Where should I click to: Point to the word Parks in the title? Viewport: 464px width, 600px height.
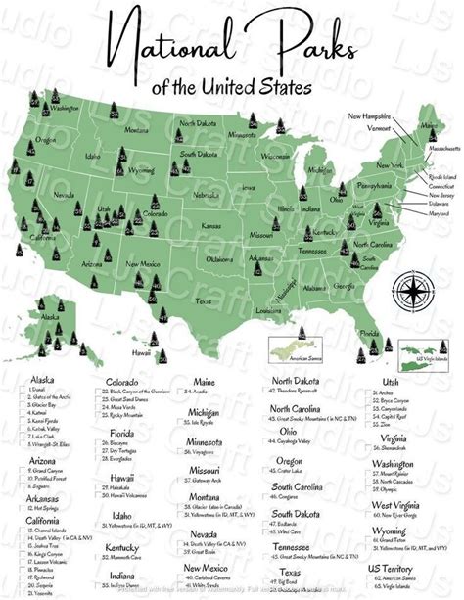pyautogui.click(x=329, y=44)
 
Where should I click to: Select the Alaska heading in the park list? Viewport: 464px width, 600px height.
pyautogui.click(x=44, y=379)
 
